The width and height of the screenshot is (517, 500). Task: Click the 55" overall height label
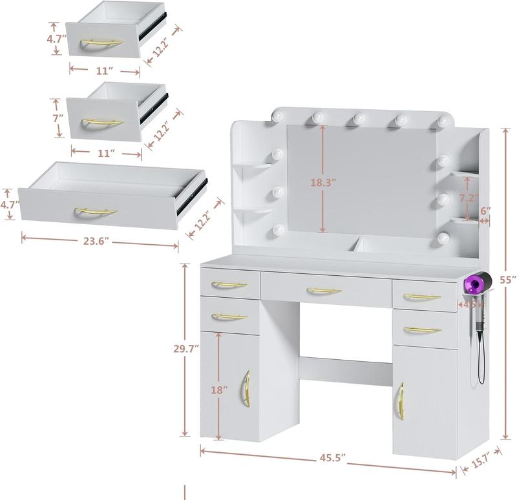point(509,279)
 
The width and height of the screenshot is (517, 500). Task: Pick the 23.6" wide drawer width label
point(96,242)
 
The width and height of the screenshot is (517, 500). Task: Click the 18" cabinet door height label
point(219,390)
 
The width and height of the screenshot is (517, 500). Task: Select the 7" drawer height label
point(58,118)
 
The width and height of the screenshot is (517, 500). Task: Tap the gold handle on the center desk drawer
point(324,291)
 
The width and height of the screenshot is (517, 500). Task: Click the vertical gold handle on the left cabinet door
point(246,388)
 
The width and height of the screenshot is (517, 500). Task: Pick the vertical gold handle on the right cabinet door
point(400,401)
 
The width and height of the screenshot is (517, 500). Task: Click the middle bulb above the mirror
point(359,119)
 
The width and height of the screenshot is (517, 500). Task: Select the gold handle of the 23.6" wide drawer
point(96,212)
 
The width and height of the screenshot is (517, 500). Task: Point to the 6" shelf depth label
point(486,211)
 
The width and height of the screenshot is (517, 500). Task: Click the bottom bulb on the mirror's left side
point(279,229)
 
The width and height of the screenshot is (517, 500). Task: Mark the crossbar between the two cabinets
point(346,371)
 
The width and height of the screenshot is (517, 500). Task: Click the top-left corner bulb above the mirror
point(279,116)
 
